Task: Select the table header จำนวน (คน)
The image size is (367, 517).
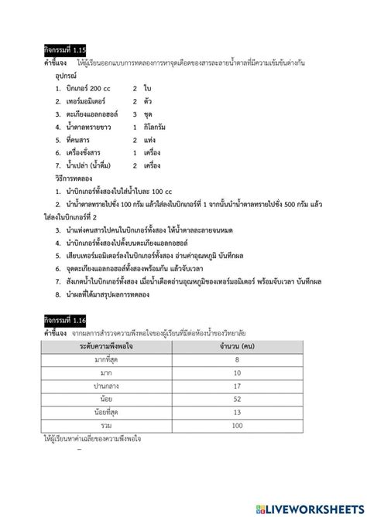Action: [236, 348]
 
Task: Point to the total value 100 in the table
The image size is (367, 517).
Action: [236, 425]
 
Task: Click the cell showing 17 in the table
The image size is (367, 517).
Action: [236, 385]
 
